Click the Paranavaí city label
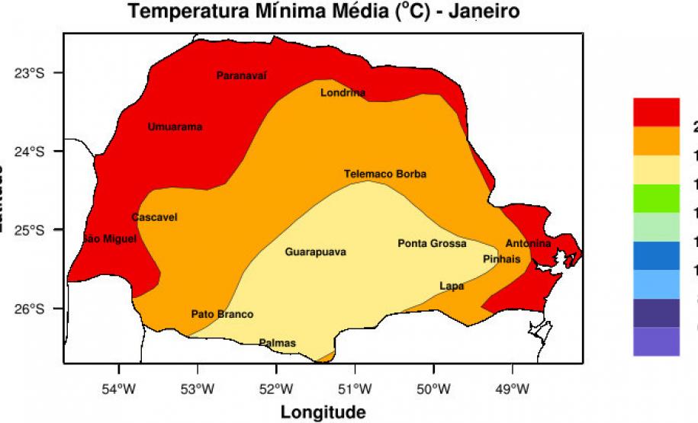242,75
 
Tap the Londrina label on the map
343,93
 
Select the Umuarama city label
175,127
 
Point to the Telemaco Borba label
384,174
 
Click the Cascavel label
154,217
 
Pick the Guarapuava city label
315,252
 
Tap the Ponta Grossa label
432,243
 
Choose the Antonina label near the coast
528,244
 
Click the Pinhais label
501,259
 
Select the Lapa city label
452,286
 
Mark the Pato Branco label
222,314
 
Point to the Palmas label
277,343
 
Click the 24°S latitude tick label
31,151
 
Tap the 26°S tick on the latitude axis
31,309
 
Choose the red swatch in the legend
656,112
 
